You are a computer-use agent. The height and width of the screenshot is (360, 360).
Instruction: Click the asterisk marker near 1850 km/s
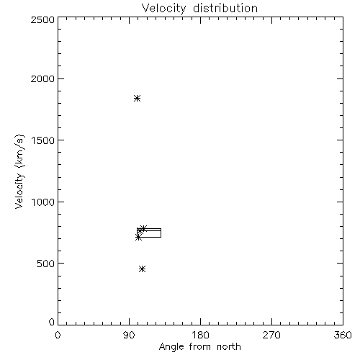pos(137,98)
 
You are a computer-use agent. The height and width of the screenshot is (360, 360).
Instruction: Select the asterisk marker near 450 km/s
pos(142,269)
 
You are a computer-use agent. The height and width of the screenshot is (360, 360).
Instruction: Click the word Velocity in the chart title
pos(164,9)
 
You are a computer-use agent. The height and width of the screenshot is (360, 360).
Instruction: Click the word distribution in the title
pos(225,8)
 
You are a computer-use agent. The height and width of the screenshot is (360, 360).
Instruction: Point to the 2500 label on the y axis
pos(42,19)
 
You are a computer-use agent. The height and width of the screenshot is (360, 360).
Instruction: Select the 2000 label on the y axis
pos(42,78)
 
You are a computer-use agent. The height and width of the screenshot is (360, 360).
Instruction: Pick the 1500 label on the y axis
pos(43,140)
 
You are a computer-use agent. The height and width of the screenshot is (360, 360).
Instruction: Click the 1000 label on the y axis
pos(43,202)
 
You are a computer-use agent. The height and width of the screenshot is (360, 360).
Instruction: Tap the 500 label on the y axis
pos(46,264)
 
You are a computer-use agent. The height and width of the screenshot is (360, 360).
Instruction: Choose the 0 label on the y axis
pos(52,322)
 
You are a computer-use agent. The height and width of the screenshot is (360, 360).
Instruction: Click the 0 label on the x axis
pos(58,335)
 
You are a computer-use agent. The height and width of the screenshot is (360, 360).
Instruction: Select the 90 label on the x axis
pos(129,335)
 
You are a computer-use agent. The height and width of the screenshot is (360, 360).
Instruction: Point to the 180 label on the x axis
pos(199,335)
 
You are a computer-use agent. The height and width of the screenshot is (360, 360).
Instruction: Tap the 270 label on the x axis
pos(271,335)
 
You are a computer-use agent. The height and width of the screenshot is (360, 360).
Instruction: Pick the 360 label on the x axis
pos(343,335)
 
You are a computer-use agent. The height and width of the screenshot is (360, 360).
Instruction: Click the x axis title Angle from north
pos(200,347)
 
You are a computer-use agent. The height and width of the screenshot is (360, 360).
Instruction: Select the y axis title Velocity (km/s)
pos(19,172)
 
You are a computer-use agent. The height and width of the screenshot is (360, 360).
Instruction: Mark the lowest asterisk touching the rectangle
pos(138,238)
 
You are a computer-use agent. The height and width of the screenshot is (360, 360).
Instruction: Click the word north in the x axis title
pos(229,346)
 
